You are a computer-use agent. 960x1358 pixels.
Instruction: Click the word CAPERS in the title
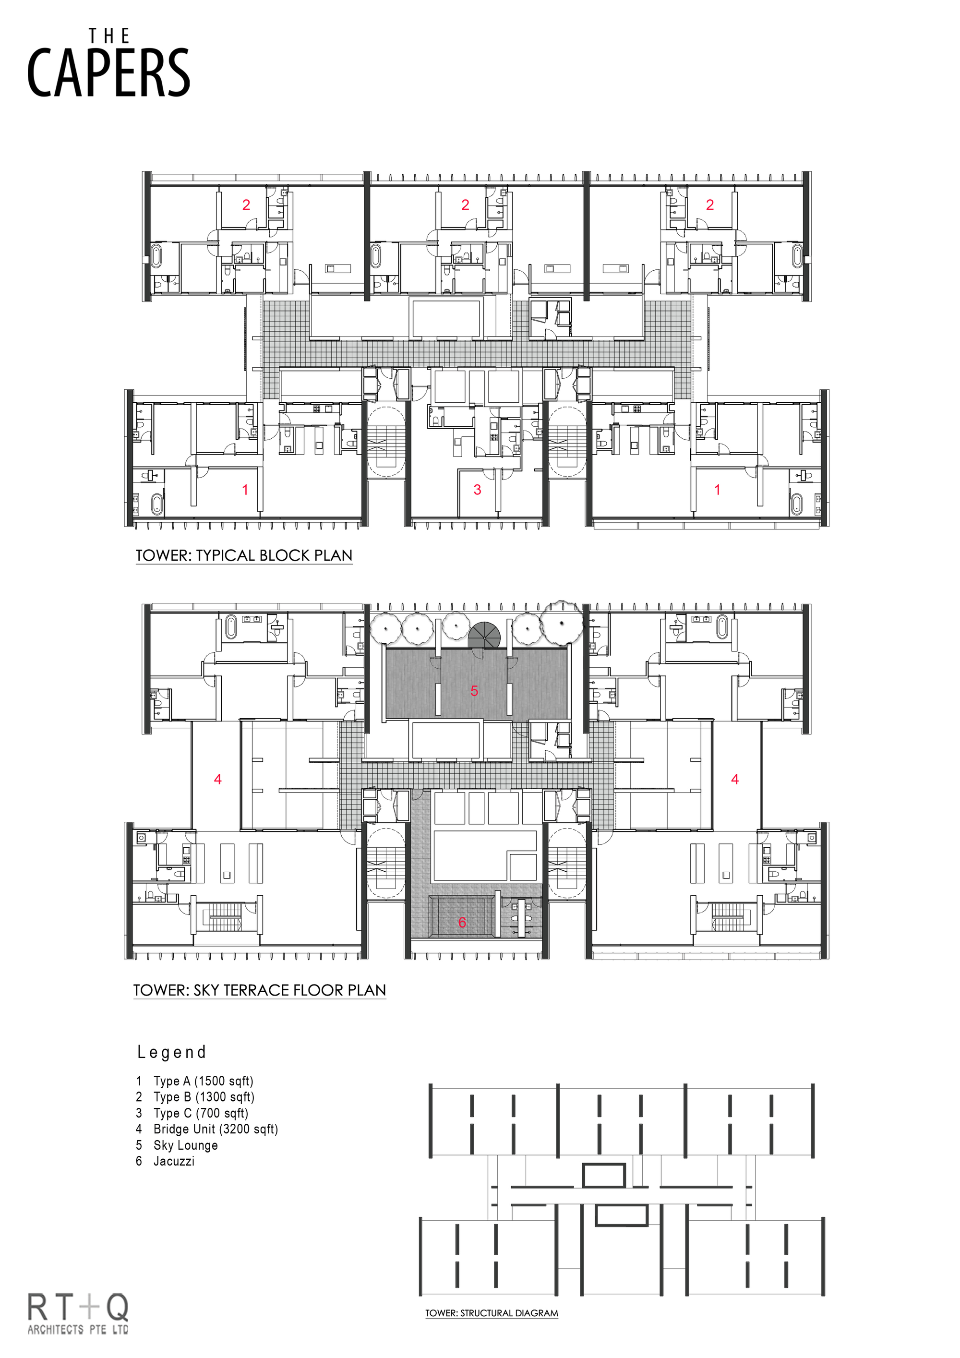[108, 73]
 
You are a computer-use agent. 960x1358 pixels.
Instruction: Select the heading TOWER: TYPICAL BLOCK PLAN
[244, 555]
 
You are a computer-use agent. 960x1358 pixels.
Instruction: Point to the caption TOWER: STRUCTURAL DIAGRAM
[492, 1313]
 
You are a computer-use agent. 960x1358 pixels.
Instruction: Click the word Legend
[171, 1052]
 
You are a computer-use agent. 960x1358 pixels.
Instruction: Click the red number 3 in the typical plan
[477, 490]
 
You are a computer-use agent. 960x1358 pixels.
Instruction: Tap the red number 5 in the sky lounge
[474, 691]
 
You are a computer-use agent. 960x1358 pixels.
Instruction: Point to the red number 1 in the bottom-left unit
[245, 490]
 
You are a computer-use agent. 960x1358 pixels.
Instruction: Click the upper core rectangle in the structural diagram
[603, 1175]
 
